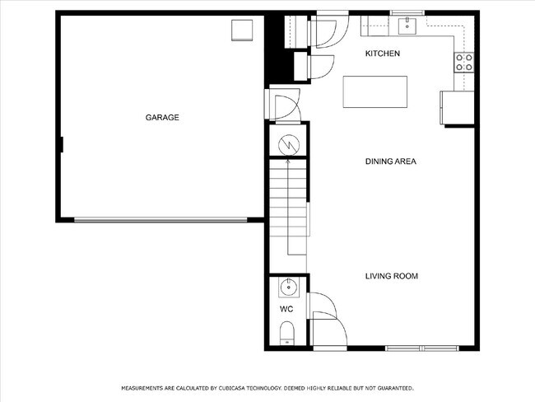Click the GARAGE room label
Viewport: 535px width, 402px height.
pos(162,118)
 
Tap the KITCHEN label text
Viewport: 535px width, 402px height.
pos(383,54)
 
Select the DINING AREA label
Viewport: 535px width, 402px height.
pos(390,161)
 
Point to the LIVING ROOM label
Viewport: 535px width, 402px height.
pos(391,276)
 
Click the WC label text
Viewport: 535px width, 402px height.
pos(286,310)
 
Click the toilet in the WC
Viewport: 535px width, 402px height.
pos(286,334)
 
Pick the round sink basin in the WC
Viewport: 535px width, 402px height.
pos(287,287)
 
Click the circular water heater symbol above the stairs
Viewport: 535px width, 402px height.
pos(287,144)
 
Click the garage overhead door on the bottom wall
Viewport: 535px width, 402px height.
pos(160,219)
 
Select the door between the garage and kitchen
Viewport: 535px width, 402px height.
pos(283,106)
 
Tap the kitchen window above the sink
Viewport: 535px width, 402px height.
pos(408,12)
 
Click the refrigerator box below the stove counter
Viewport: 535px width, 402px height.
pos(457,107)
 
